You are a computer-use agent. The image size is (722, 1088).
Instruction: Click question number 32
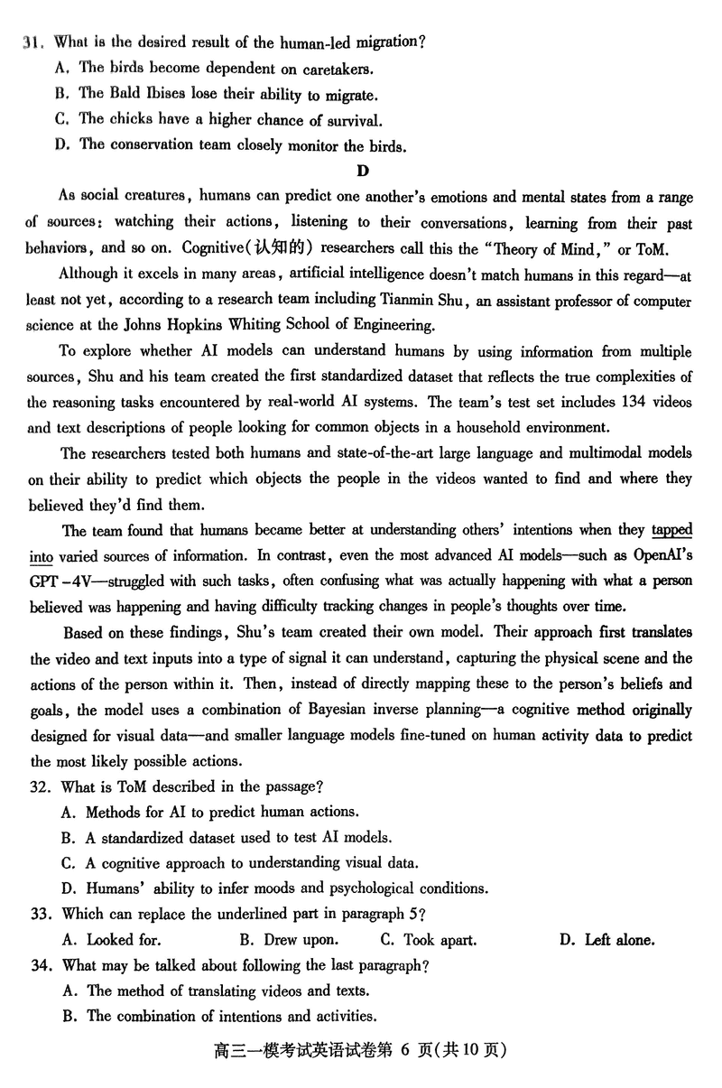pyautogui.click(x=42, y=786)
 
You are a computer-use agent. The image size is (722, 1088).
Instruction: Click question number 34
pyautogui.click(x=42, y=965)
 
